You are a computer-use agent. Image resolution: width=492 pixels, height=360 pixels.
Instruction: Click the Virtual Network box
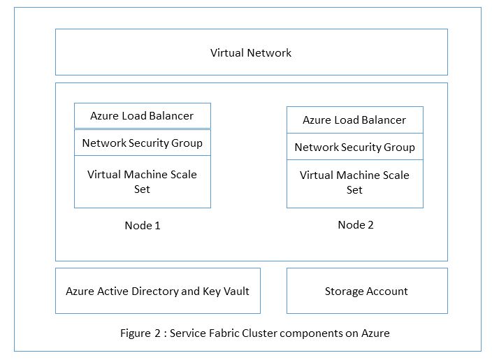point(251,52)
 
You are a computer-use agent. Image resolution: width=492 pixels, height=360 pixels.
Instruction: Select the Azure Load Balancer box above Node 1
point(142,115)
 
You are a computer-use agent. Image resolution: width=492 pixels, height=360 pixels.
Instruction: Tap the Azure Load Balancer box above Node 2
point(354,120)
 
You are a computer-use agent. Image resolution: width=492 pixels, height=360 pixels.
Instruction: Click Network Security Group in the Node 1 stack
point(142,143)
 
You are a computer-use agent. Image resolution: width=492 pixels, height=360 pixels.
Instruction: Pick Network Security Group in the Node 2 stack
point(354,147)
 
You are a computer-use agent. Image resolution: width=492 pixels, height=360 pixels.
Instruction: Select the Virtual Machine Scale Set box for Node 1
point(142,181)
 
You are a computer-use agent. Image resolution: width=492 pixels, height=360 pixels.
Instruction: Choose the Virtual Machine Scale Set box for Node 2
point(354,182)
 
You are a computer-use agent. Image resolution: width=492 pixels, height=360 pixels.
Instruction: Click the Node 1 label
point(143,225)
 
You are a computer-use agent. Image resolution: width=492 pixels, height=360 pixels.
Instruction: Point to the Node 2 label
point(356,224)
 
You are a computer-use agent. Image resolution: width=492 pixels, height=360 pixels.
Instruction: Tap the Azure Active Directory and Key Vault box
point(157,291)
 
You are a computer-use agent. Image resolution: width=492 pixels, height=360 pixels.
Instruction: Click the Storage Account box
point(366,291)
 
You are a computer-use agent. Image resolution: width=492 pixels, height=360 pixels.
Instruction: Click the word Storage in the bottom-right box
point(343,291)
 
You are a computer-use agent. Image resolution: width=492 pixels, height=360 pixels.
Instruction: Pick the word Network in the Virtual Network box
point(270,52)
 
